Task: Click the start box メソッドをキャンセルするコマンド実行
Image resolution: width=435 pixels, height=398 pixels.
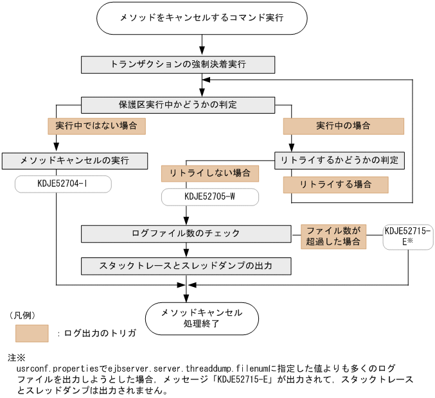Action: click(x=202, y=19)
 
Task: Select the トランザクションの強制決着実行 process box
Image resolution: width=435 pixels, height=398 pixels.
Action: click(x=178, y=65)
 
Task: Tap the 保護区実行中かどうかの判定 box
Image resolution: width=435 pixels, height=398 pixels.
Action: click(x=178, y=105)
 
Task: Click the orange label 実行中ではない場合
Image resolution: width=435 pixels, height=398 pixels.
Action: click(x=96, y=126)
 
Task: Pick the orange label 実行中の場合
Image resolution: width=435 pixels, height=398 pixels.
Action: click(x=344, y=126)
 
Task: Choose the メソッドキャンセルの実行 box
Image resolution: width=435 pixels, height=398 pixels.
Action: click(x=75, y=160)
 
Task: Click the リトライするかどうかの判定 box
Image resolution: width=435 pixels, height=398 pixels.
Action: click(x=339, y=160)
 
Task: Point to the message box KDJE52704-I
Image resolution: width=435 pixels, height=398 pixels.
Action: click(x=62, y=185)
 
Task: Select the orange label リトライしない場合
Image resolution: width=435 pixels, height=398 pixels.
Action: click(x=209, y=173)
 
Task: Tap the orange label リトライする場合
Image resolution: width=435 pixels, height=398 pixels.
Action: click(x=335, y=185)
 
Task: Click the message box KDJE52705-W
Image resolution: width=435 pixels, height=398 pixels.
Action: click(x=209, y=197)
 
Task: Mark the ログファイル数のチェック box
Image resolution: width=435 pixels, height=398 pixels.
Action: click(x=186, y=234)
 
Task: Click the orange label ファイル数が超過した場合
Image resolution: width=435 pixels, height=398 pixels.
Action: click(x=333, y=236)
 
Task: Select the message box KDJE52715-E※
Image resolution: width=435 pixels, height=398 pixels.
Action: click(x=408, y=236)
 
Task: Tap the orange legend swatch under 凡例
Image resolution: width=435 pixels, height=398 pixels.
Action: click(x=32, y=333)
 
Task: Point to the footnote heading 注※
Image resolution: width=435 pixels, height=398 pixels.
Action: click(x=16, y=357)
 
